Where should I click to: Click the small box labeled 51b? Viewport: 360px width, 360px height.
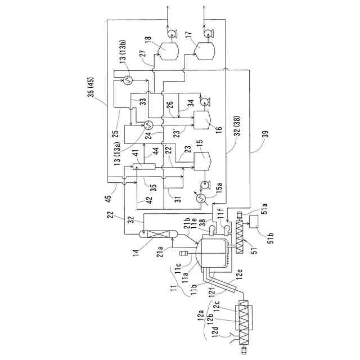click(259, 223)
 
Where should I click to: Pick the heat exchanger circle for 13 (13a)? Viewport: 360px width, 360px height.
click(148, 124)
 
